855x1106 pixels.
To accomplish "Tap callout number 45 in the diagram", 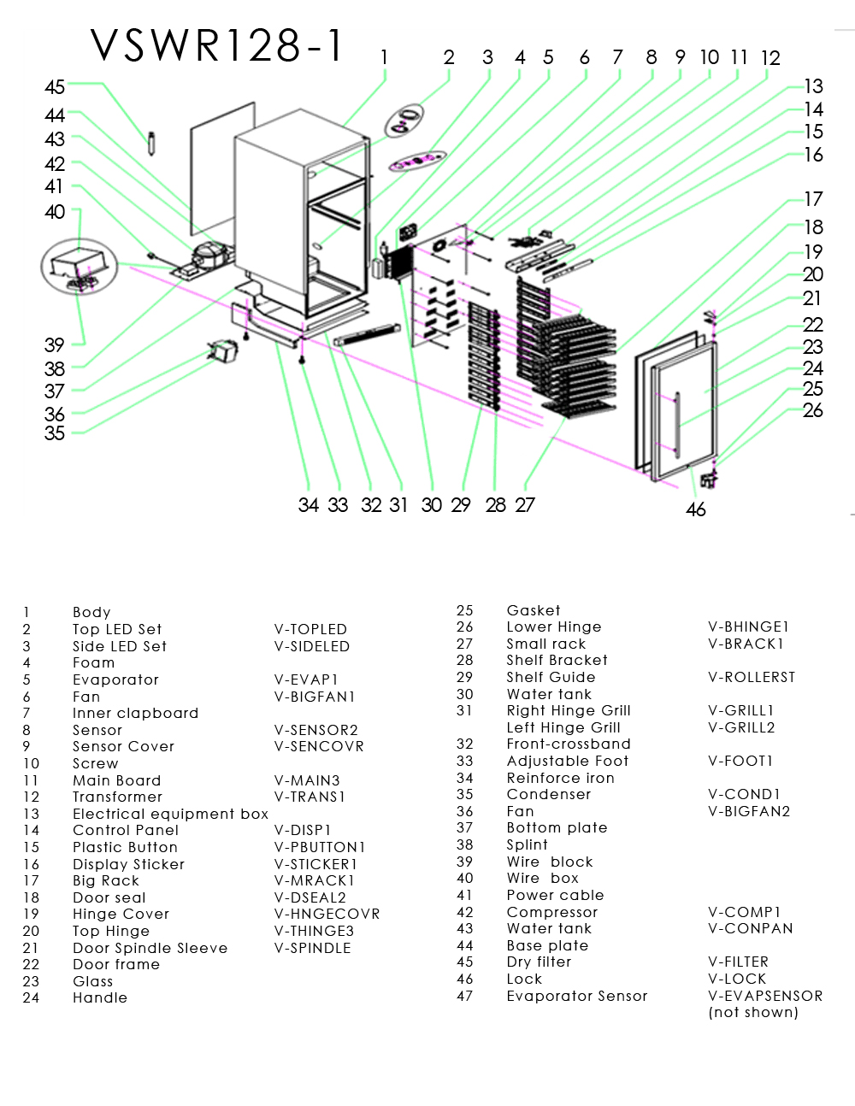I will coord(55,87).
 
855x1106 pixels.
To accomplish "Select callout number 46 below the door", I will coord(696,510).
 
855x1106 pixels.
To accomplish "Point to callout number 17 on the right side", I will coord(813,199).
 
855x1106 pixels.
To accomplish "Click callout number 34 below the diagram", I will coord(309,505).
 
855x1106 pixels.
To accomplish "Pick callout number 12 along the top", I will coord(770,58).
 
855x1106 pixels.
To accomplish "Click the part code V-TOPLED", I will coord(310,629).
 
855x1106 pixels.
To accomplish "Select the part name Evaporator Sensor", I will coord(577,996).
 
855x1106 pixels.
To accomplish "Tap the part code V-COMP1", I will coord(745,912).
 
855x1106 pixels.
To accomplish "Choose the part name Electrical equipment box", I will coord(171,814).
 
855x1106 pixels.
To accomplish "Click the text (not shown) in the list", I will coord(753,1012).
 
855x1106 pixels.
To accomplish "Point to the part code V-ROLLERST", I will coord(752,677).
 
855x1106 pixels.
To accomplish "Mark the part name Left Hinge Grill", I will coord(563,727).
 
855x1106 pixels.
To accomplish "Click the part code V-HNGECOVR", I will coord(327,914).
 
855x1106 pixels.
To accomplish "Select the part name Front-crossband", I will coord(569,744).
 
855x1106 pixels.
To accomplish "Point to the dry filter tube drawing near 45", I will coord(151,143).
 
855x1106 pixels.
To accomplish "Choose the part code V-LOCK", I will coord(737,979).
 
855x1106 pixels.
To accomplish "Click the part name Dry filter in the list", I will coord(539,962).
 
